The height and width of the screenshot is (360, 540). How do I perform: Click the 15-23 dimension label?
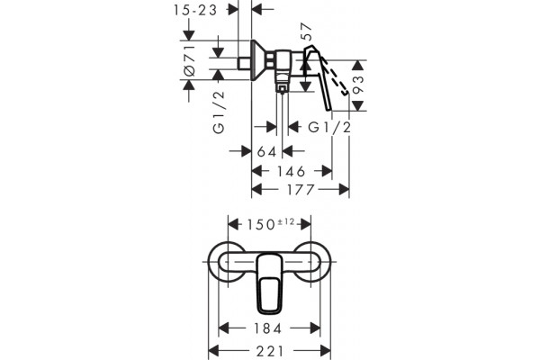(195, 10)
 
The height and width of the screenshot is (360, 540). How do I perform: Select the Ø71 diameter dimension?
(189, 60)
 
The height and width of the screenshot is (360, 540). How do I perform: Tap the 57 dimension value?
(306, 31)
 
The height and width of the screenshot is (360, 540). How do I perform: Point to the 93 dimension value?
(358, 85)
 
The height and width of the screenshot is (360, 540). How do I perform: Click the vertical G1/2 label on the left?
(219, 112)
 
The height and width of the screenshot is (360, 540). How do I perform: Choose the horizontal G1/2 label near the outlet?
(329, 128)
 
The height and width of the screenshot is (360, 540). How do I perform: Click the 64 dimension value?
(267, 151)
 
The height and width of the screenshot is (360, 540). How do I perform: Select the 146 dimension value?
(291, 171)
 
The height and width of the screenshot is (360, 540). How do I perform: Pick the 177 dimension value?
(301, 190)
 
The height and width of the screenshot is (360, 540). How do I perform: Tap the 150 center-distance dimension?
(260, 225)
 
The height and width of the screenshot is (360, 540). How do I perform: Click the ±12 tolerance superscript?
(286, 221)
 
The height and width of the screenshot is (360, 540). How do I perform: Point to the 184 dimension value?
(267, 328)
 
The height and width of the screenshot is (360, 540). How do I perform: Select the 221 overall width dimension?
(270, 351)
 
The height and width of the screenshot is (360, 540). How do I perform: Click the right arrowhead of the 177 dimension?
(344, 190)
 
